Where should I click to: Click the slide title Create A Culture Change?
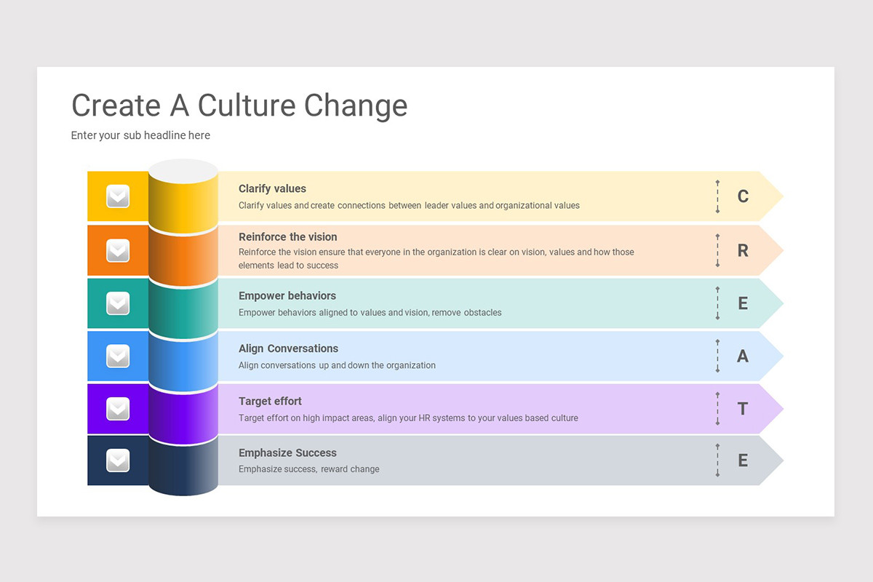pos(239,105)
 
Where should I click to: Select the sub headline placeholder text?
pos(140,135)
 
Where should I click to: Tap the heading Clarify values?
pos(272,188)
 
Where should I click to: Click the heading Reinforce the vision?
pos(287,236)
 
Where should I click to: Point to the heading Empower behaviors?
pos(287,296)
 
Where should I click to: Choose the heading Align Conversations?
pos(288,348)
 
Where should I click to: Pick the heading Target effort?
pos(270,401)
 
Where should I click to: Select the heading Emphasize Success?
pos(287,453)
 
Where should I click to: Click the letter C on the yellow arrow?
pos(743,196)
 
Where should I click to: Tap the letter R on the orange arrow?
pos(743,251)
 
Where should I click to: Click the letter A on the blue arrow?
pos(743,356)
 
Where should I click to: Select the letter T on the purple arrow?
pos(743,409)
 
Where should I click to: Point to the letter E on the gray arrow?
pos(743,461)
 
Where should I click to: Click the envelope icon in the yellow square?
pos(118,196)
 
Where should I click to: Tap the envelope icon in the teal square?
pos(118,303)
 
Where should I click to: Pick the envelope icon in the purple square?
pos(118,409)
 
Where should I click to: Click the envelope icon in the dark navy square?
pos(118,461)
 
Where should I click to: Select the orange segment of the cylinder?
pos(183,255)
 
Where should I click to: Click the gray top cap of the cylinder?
pos(183,171)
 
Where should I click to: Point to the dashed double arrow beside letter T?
pos(717,409)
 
